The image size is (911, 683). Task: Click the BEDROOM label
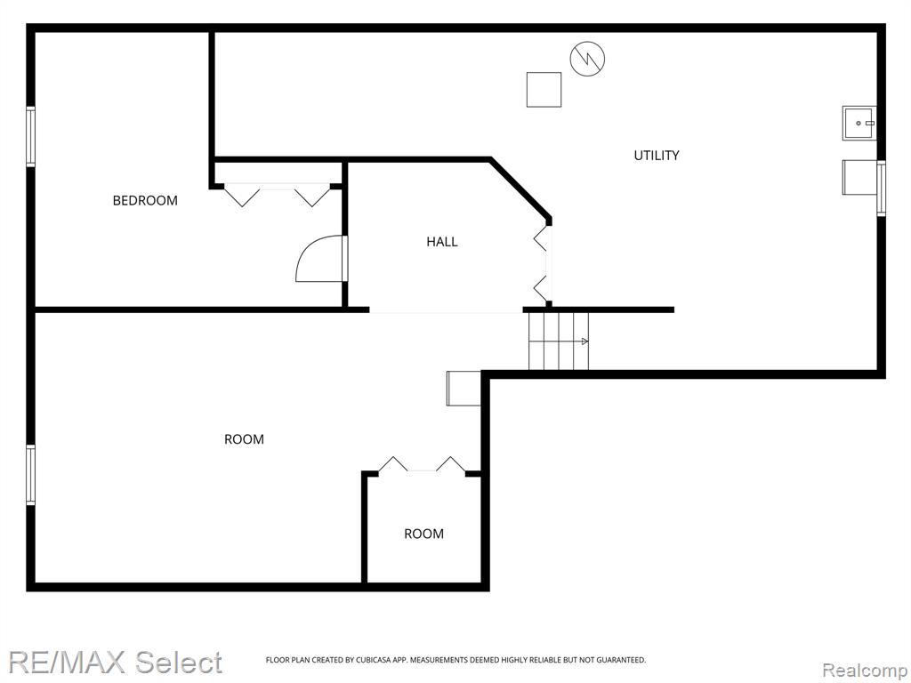click(145, 200)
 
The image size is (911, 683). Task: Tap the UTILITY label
click(656, 155)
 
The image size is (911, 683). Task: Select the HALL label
click(441, 242)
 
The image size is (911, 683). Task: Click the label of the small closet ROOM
click(423, 534)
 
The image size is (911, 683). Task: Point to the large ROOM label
click(244, 439)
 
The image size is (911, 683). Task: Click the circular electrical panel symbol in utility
click(587, 59)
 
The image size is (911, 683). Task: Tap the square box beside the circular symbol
click(544, 90)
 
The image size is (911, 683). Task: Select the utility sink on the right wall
click(859, 123)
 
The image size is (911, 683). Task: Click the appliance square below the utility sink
click(860, 177)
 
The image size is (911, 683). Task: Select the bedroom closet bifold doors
click(278, 195)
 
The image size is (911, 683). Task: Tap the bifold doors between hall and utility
click(541, 263)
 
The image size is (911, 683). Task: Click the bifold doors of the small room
click(422, 464)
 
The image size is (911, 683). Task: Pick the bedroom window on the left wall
click(30, 136)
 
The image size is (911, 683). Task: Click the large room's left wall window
click(30, 475)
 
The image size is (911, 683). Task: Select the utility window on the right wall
click(882, 189)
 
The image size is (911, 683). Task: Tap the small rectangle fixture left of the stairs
click(464, 388)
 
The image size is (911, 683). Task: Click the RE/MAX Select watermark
click(115, 662)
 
